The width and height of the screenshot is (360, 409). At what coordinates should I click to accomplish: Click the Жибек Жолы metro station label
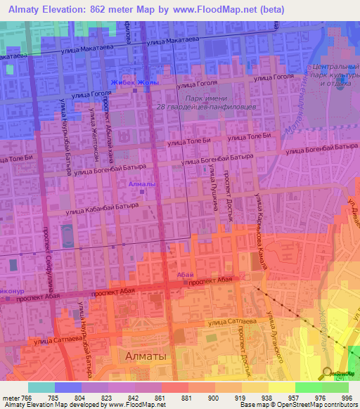tap(134, 82)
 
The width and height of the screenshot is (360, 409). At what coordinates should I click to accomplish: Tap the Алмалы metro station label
tap(143, 184)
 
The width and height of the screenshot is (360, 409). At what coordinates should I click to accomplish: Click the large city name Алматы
tap(146, 356)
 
